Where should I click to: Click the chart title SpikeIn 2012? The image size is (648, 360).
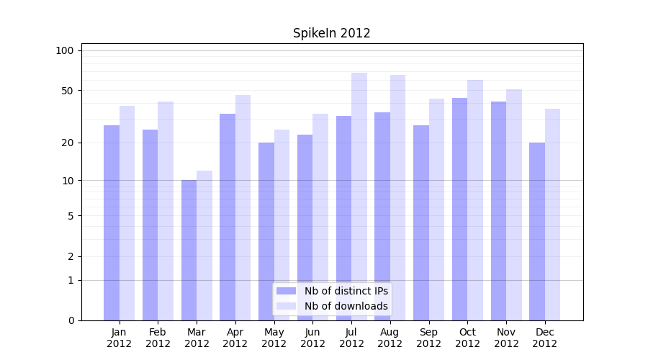click(331, 33)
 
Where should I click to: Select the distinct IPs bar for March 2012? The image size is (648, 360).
click(189, 250)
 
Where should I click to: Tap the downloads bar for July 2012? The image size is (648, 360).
click(359, 196)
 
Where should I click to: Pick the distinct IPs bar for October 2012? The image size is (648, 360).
click(459, 209)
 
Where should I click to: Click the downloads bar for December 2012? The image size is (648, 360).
click(552, 215)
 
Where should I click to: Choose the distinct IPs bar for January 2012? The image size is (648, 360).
click(112, 222)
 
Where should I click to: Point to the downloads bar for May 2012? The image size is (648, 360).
click(282, 225)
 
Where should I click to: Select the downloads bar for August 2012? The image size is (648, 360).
click(397, 197)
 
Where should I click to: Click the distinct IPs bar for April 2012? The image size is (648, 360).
click(228, 217)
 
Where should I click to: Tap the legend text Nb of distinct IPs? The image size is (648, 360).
click(346, 291)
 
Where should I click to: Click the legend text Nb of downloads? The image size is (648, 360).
click(346, 306)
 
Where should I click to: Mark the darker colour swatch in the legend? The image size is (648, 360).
click(287, 291)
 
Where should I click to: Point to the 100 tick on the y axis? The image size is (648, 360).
click(65, 50)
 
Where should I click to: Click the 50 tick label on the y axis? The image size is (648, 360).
click(67, 91)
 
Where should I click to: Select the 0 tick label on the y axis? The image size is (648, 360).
click(71, 320)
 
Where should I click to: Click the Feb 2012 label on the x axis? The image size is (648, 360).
click(158, 338)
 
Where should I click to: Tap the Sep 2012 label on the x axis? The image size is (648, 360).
click(428, 338)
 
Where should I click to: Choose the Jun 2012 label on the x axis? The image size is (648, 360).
click(312, 338)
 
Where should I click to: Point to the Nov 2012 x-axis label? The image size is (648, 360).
click(506, 338)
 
